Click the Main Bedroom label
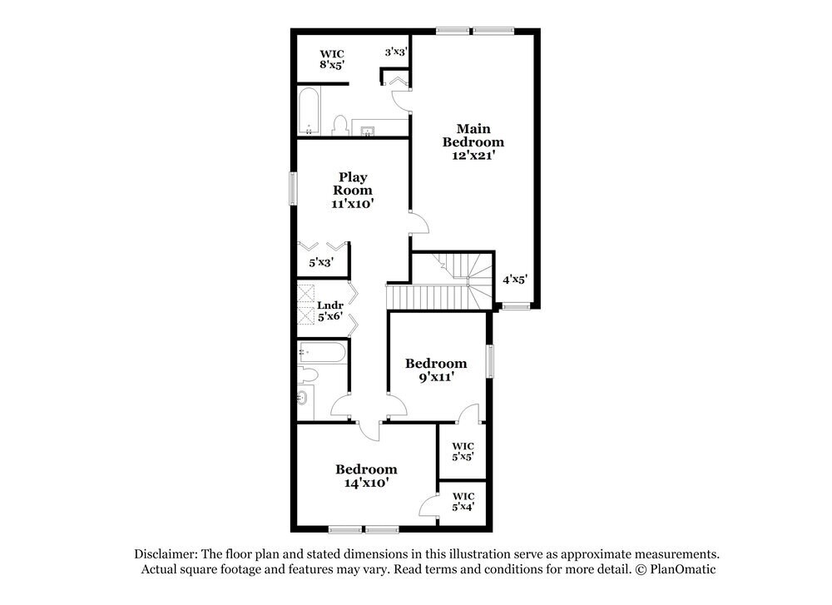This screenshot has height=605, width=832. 473,141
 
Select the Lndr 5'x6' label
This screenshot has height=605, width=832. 330,311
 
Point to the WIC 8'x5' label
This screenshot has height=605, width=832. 331,59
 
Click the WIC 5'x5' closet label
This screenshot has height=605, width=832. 463,451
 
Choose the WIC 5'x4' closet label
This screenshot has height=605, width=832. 463,501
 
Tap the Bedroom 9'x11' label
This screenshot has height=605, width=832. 436,369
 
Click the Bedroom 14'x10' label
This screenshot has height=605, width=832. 366,475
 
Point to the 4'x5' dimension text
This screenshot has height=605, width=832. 515,280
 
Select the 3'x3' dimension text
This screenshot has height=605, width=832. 396,52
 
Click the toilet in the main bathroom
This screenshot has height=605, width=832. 339,126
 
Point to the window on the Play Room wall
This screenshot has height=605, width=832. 292,187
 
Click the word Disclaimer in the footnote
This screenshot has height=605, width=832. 165,554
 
